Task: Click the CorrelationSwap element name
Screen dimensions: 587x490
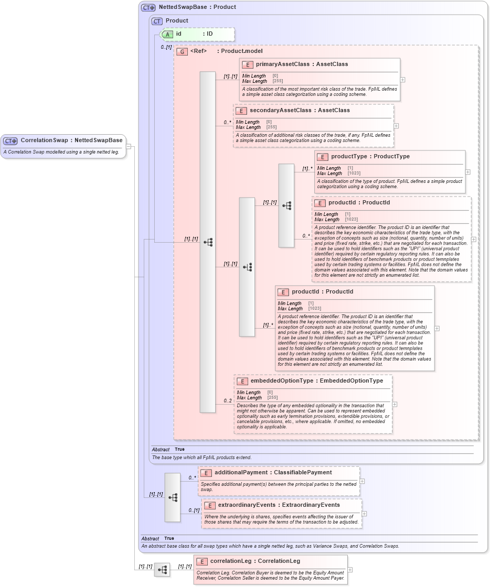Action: pos(45,140)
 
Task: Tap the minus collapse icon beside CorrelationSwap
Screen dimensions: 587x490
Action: pos(129,146)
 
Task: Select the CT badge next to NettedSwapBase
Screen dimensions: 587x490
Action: pos(148,7)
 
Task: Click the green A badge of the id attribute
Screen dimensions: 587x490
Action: pos(167,34)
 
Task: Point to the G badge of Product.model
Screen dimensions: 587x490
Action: pos(182,51)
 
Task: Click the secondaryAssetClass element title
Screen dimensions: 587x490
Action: pos(278,111)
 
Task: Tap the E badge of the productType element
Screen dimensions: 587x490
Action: pos(322,157)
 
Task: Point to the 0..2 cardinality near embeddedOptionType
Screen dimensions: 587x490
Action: pos(228,401)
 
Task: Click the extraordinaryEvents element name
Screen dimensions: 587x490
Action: pos(249,505)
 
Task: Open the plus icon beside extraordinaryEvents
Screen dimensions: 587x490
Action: pos(364,514)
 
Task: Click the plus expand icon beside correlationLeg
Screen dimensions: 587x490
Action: pos(350,570)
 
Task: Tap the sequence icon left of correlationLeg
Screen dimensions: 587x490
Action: pos(162,569)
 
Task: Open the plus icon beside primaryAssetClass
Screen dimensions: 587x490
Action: pos(402,80)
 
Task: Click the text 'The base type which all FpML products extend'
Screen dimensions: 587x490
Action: pos(201,458)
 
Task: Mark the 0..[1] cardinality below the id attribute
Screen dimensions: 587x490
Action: pos(166,47)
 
